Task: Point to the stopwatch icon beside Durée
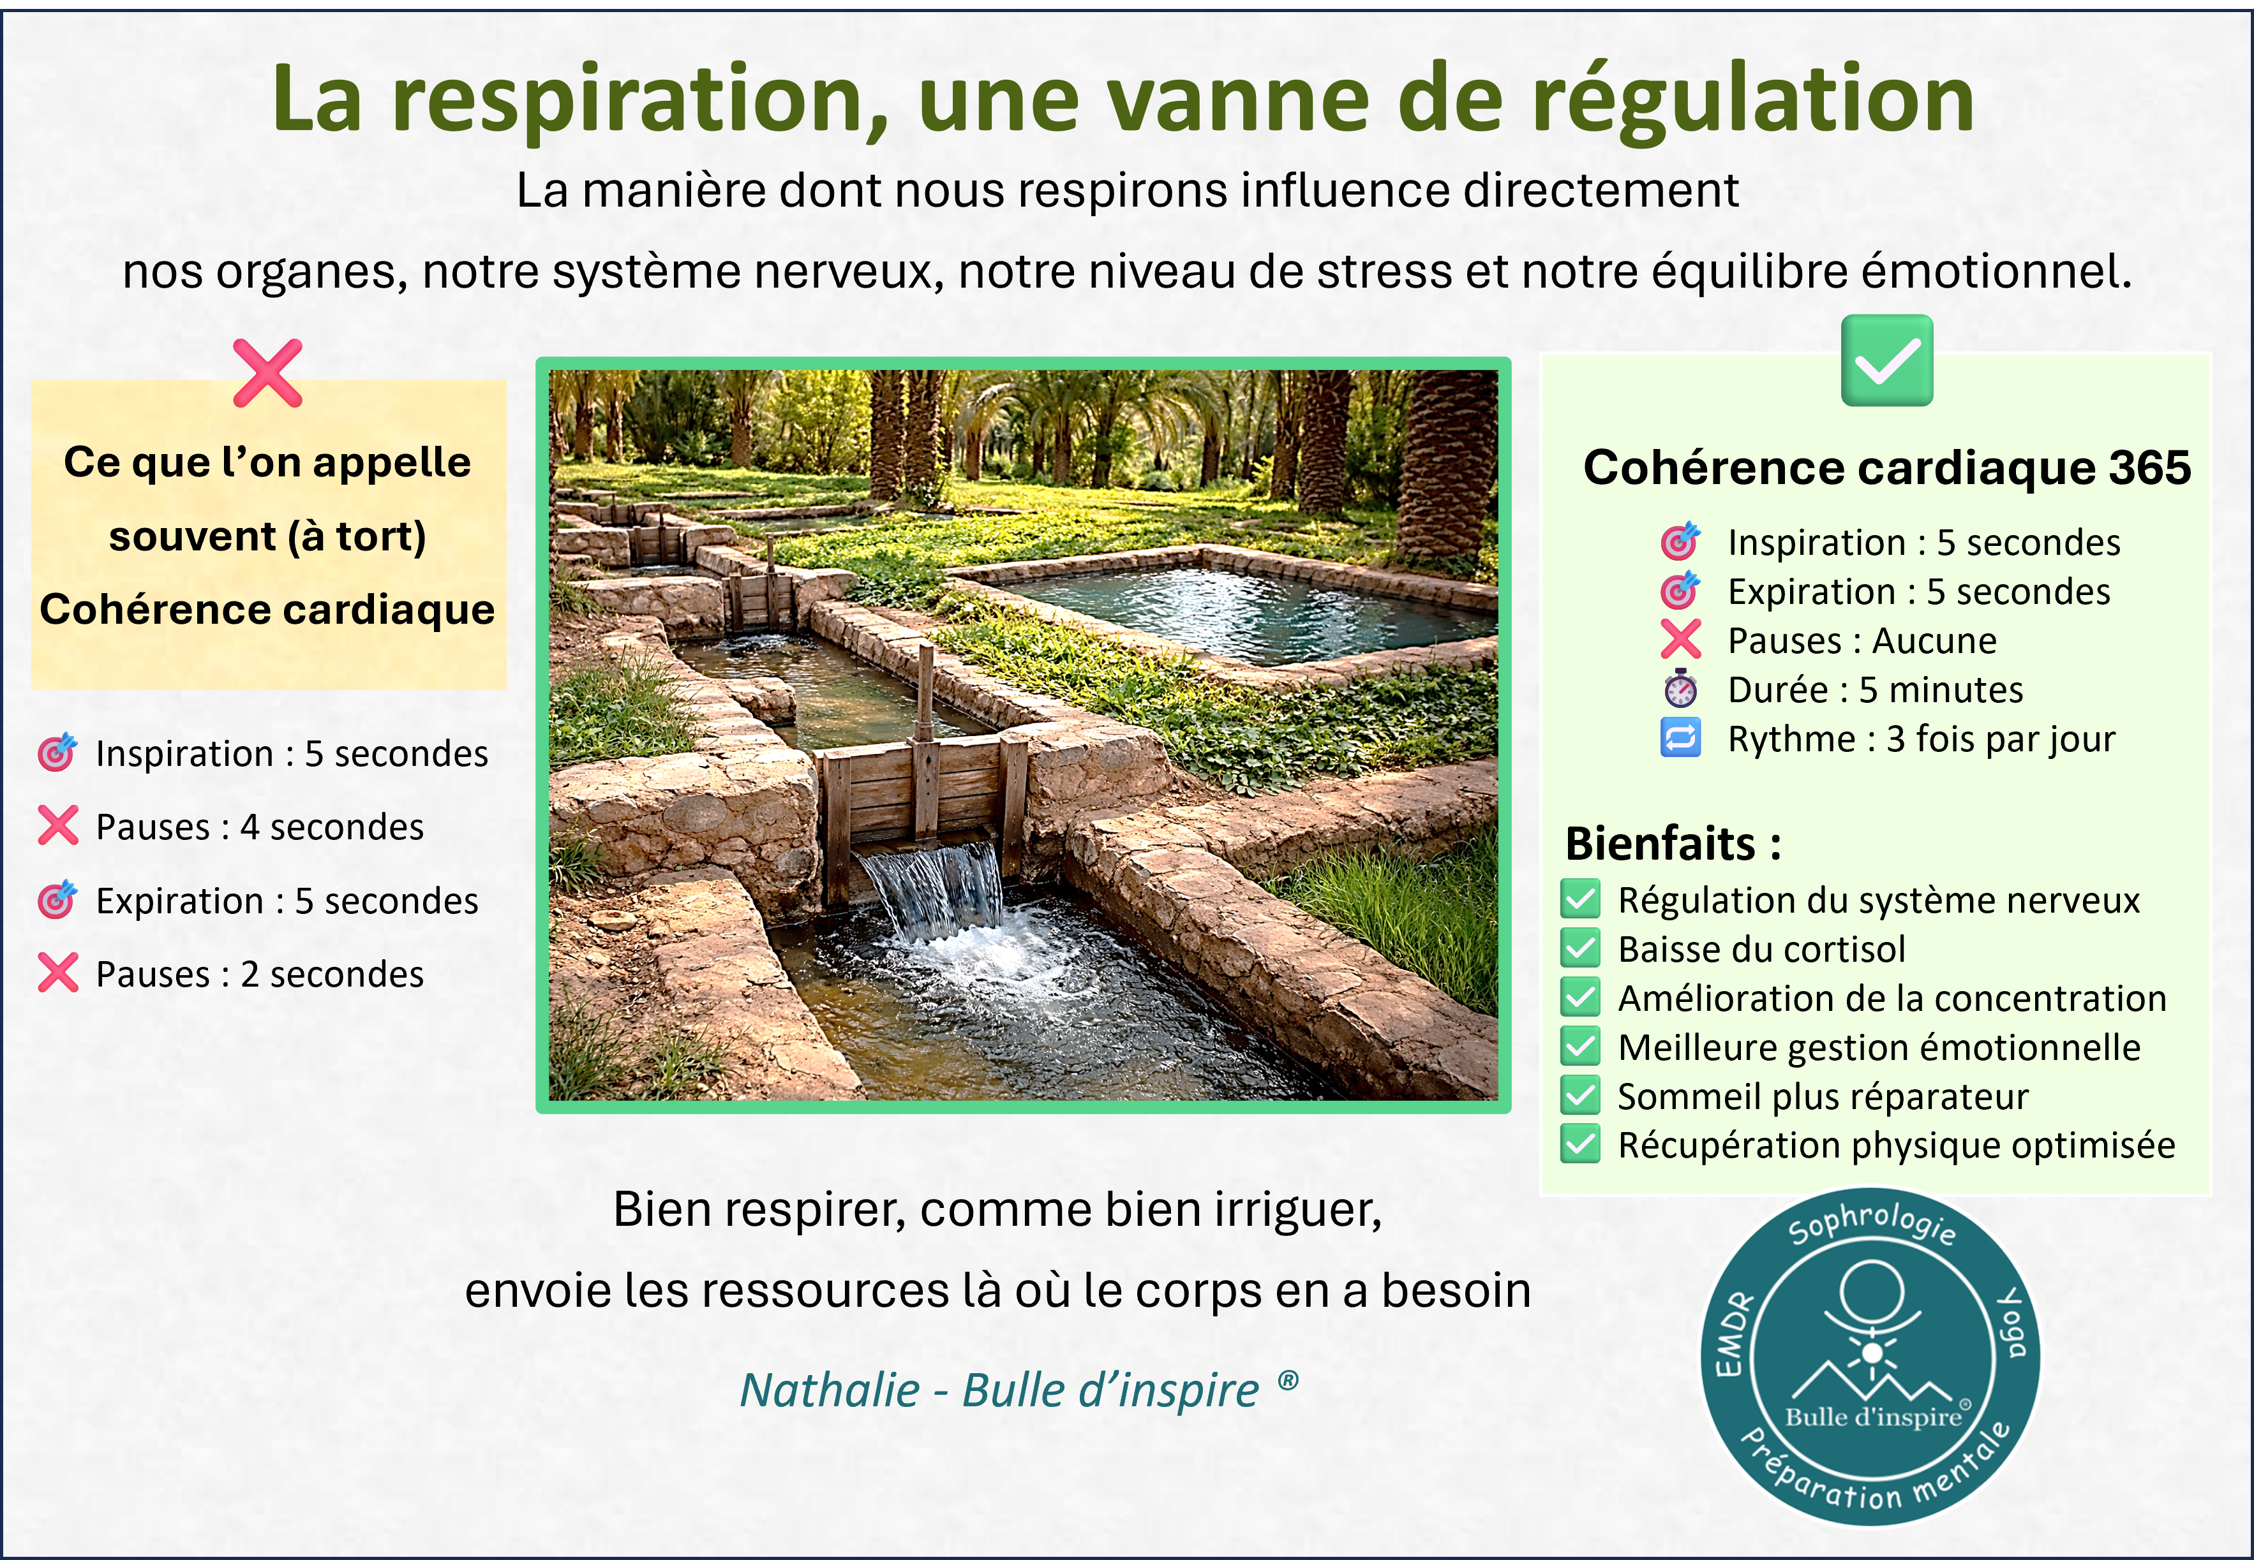tap(1680, 689)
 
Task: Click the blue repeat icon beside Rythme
tap(1680, 738)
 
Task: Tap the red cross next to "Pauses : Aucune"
tap(1680, 640)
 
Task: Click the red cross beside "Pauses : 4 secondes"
tap(57, 826)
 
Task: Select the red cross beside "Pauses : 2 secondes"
tap(57, 973)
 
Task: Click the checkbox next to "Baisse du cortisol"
tap(1580, 948)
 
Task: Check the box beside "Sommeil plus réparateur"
tap(1580, 1096)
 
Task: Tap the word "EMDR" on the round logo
tap(1736, 1334)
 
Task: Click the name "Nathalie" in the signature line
tap(829, 1389)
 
